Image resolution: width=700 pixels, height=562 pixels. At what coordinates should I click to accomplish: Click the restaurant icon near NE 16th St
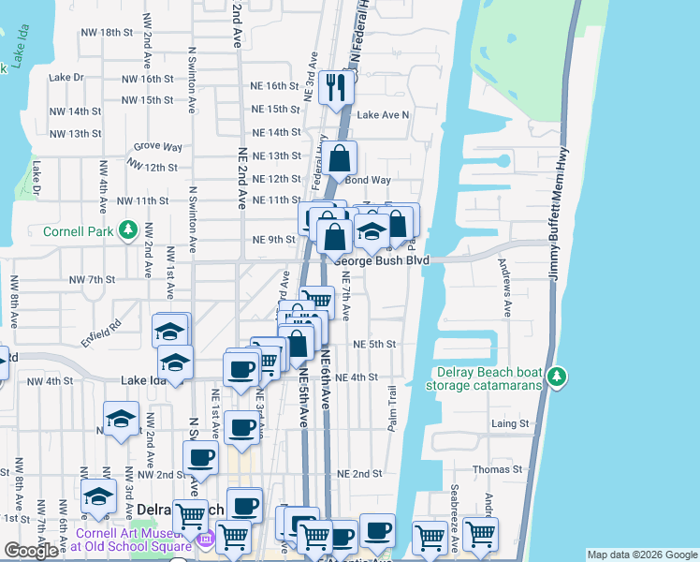point(334,87)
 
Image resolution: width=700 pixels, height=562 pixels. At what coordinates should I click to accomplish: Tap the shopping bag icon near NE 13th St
point(341,157)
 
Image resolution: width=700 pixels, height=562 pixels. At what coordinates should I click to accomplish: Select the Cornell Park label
point(78,230)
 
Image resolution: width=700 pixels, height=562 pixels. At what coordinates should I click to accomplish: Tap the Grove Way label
point(157,147)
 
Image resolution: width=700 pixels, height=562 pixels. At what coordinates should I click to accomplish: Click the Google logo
point(31,551)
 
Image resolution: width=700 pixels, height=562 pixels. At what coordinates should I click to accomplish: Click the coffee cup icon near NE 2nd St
point(201,458)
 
